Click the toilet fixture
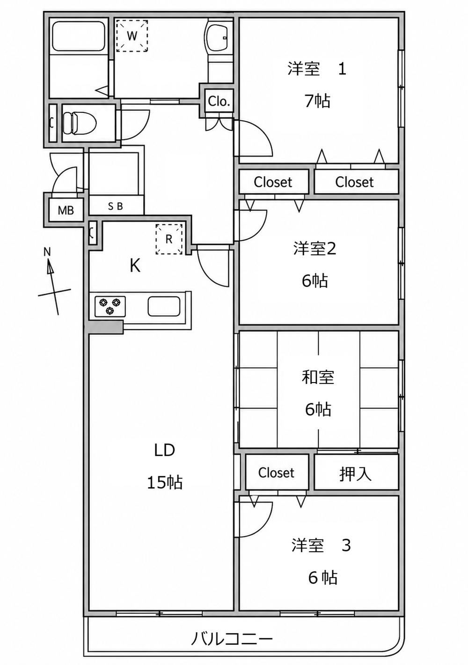tap(80, 122)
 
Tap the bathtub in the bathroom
tap(79, 37)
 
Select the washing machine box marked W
tap(132, 36)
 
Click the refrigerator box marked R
tap(169, 239)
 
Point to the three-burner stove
tap(110, 306)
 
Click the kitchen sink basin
tap(164, 306)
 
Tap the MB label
tap(66, 210)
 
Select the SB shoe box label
tap(115, 207)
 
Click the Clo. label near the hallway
tap(219, 102)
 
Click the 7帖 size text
tap(317, 101)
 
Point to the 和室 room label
tap(318, 377)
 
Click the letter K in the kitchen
tap(135, 266)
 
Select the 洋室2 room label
tap(315, 249)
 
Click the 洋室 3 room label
tap(321, 546)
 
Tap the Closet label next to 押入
tap(276, 473)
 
